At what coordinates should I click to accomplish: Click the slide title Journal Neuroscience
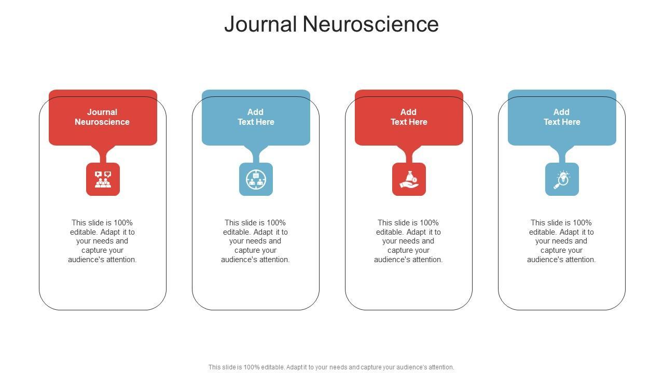331,24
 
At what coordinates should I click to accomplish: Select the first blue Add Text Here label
256,117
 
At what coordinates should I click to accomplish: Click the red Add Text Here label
409,117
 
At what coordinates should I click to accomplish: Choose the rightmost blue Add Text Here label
562,117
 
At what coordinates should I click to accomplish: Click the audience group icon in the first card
103,179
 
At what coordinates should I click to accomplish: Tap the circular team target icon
256,179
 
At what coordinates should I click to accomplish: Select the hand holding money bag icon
409,179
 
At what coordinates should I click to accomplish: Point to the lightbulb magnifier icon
562,179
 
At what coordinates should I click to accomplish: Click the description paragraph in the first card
103,241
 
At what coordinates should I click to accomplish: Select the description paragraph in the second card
256,241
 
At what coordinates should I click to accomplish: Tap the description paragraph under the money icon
409,241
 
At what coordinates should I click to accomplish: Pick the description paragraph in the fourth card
562,241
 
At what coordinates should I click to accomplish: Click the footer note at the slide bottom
331,367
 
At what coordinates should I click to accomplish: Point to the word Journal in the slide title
260,24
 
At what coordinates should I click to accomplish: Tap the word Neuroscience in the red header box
102,122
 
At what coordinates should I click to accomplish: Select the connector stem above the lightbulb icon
562,154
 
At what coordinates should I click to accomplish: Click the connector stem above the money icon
409,154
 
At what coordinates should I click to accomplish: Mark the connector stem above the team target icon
256,154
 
